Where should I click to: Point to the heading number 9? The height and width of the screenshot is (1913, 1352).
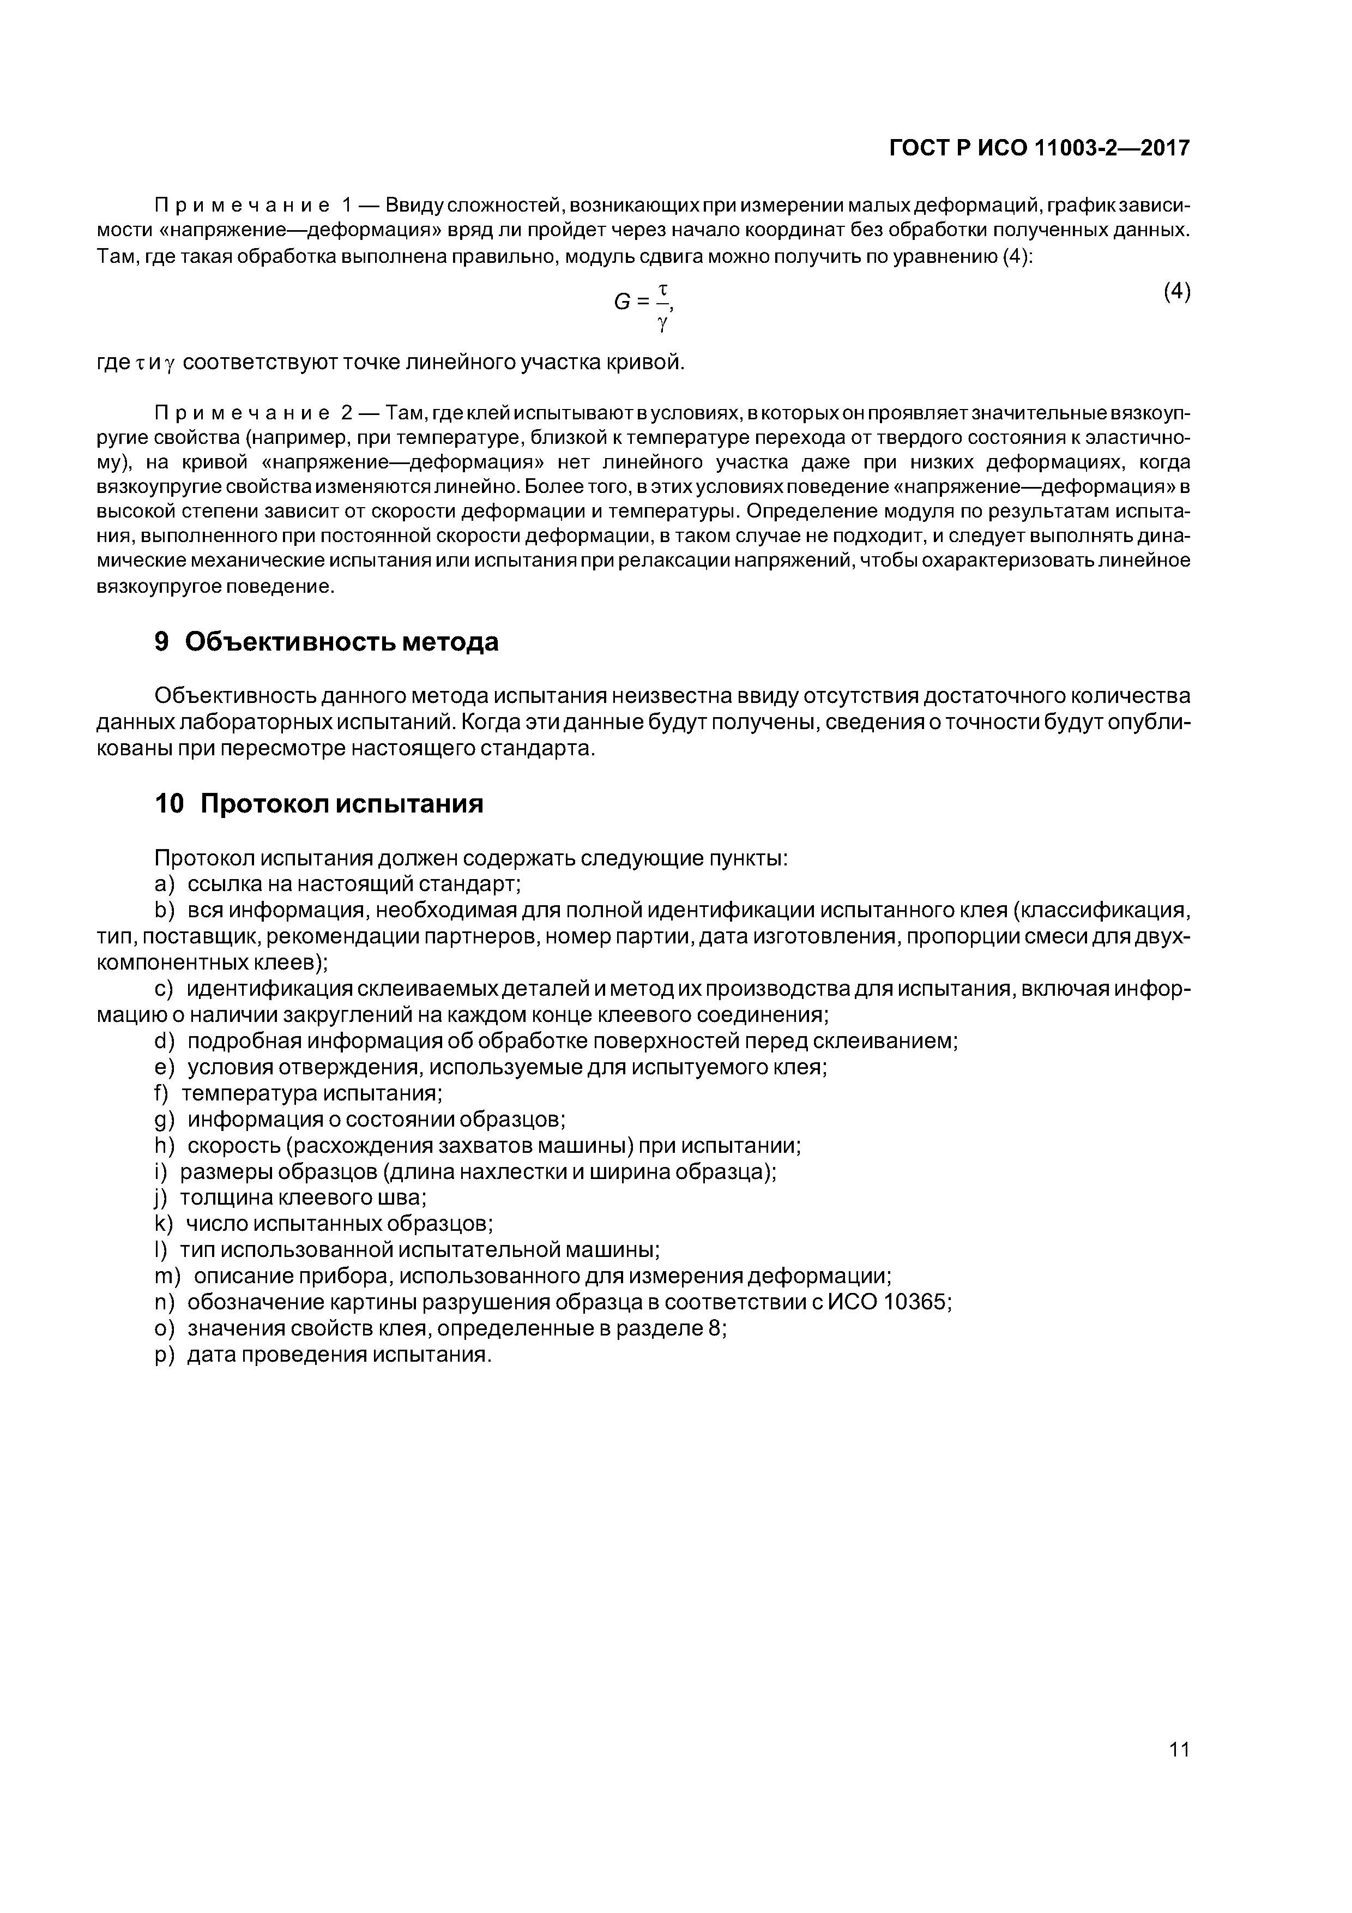point(162,641)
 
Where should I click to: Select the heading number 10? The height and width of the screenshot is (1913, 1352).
point(169,804)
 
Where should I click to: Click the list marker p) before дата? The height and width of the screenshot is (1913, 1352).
point(165,1355)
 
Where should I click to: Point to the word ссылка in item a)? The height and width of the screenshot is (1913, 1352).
point(218,884)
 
